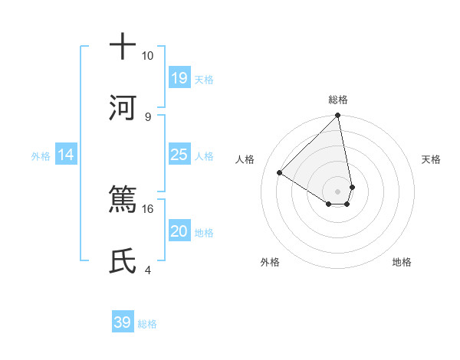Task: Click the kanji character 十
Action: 123,46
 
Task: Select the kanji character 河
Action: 123,106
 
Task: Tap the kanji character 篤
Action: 123,198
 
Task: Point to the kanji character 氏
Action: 123,260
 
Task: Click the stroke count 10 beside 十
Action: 147,56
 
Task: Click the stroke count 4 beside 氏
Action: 147,270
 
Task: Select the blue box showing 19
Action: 179,77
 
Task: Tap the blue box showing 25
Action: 179,155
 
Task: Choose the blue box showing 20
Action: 179,231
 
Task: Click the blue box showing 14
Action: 66,155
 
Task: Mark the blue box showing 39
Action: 123,322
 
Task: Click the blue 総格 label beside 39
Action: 147,324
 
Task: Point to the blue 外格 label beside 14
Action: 41,155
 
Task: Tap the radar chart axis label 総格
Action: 338,100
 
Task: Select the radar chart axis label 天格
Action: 431,159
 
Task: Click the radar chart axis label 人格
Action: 245,159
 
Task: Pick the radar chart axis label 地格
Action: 402,262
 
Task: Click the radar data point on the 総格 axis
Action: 338,116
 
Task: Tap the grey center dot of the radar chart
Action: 338,191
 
